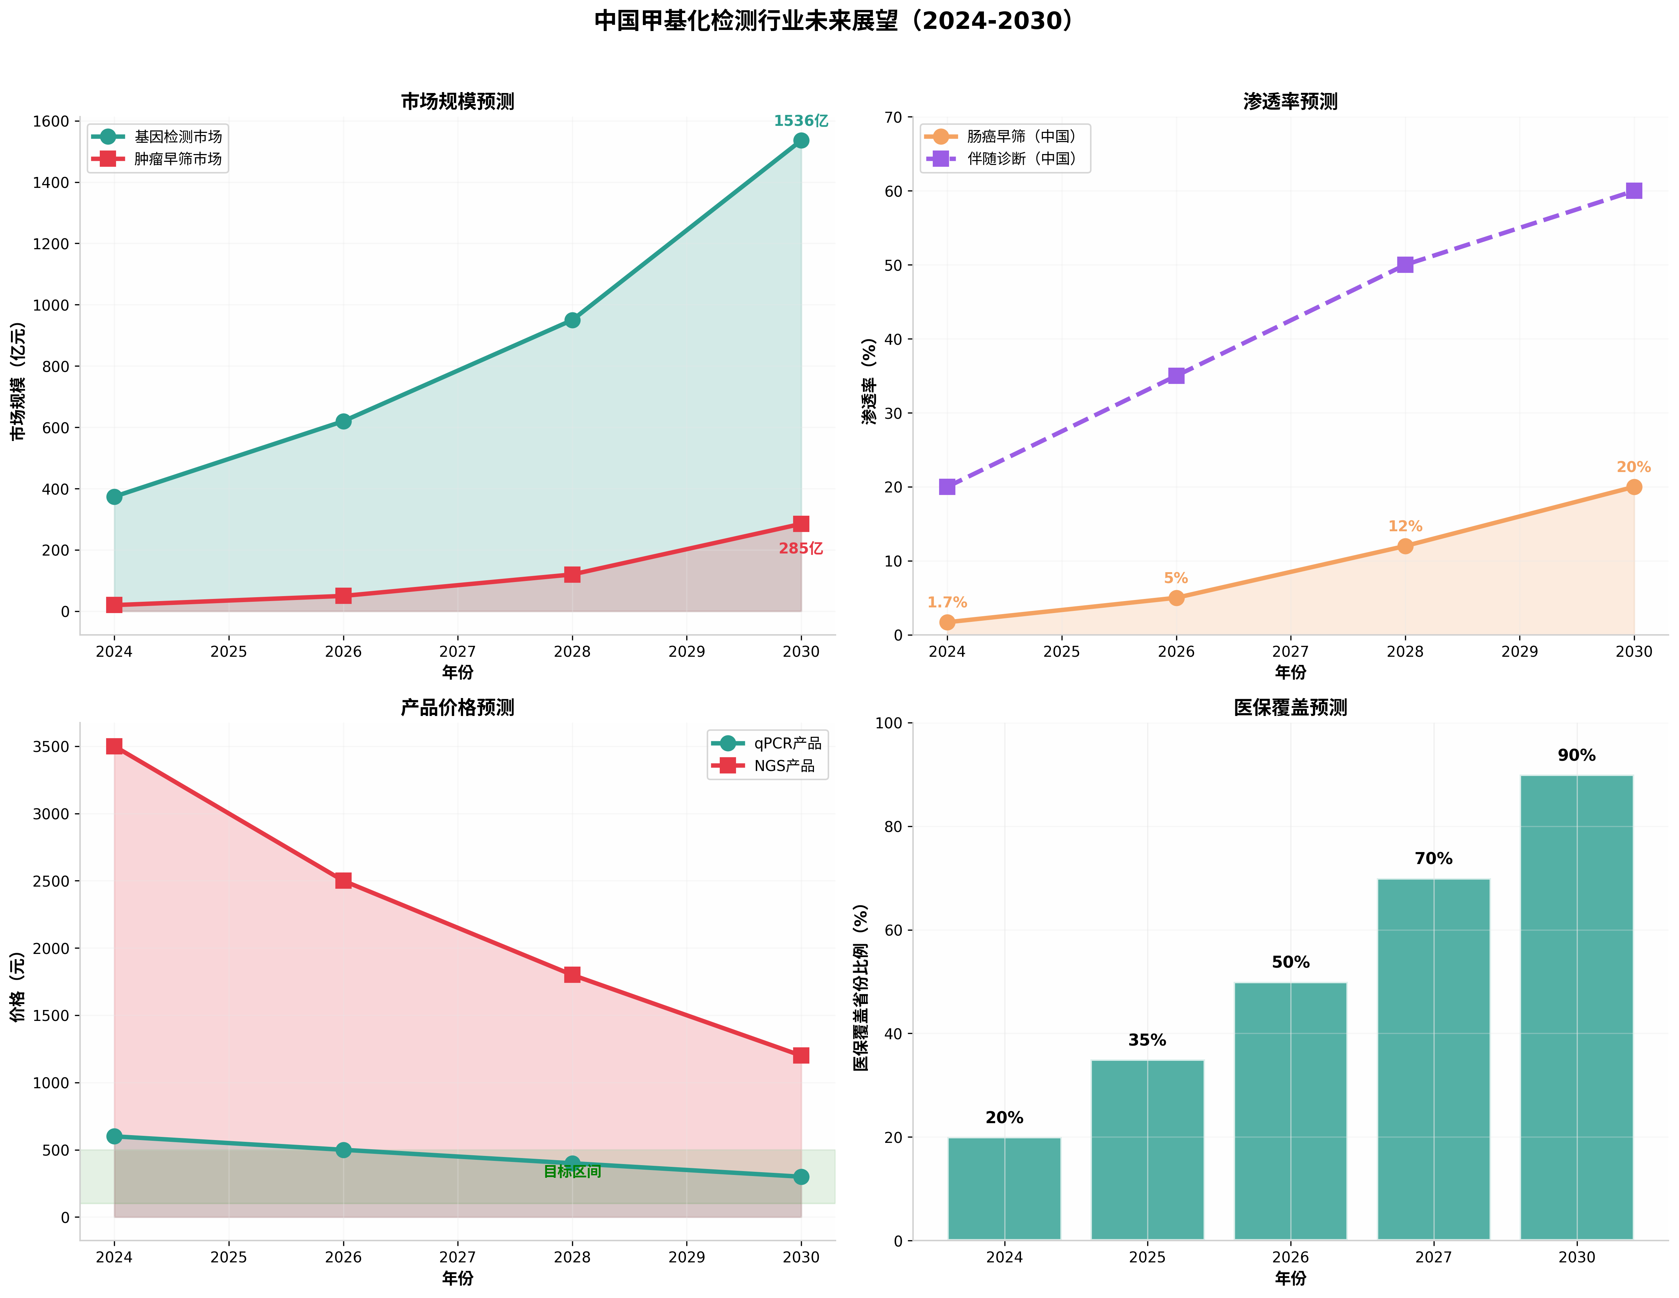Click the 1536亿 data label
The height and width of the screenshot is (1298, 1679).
coord(800,121)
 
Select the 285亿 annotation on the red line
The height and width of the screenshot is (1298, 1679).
coord(800,549)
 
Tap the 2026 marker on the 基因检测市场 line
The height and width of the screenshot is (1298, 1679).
coord(343,421)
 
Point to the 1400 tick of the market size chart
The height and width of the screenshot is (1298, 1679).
coord(51,183)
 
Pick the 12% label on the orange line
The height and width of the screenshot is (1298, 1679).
coord(1405,526)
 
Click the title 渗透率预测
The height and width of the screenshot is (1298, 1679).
coord(1290,102)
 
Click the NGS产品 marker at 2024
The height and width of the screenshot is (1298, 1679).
coord(115,746)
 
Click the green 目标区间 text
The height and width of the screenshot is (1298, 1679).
coord(572,1171)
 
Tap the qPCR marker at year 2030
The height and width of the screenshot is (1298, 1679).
coord(800,1177)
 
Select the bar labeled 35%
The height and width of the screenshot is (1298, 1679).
coord(1147,1149)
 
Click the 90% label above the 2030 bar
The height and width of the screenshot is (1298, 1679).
coord(1576,755)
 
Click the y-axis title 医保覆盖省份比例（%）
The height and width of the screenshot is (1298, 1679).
coord(861,987)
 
